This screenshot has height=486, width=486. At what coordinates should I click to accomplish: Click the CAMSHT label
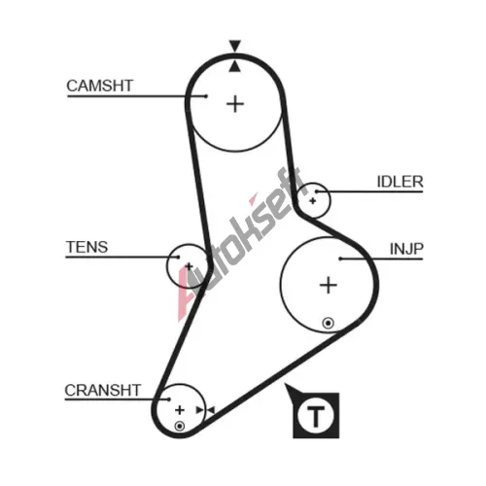[100, 86]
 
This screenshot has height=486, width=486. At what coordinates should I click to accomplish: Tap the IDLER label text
[400, 182]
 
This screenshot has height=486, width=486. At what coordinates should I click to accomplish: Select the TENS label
[87, 247]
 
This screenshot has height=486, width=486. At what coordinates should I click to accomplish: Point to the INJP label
[406, 249]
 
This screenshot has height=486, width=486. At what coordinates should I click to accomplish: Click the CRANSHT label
[103, 391]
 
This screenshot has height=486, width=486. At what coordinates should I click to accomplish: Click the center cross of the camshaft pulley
[235, 104]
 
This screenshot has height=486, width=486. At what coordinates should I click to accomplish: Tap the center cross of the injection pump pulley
[329, 285]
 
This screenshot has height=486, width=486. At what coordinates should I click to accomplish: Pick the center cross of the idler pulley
[313, 201]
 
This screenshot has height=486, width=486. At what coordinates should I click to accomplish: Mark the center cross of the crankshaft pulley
[180, 410]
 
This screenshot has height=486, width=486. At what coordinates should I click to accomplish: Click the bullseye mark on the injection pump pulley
[328, 323]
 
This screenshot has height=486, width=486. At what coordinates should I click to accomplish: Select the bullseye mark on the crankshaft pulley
[180, 426]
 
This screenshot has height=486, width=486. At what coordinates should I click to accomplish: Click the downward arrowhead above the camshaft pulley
[235, 46]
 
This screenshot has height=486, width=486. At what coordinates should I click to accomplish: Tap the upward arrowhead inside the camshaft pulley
[235, 66]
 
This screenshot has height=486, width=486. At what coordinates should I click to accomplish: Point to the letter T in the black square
[316, 416]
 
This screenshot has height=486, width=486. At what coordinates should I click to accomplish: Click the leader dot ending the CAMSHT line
[206, 96]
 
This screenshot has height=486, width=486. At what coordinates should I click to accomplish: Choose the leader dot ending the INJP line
[340, 259]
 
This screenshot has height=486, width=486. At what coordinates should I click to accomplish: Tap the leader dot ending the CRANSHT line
[168, 399]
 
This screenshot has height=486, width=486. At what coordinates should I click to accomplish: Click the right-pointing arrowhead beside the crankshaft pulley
[200, 410]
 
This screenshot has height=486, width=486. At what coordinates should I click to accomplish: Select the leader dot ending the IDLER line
[317, 191]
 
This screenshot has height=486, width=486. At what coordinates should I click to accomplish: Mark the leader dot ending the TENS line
[178, 257]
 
